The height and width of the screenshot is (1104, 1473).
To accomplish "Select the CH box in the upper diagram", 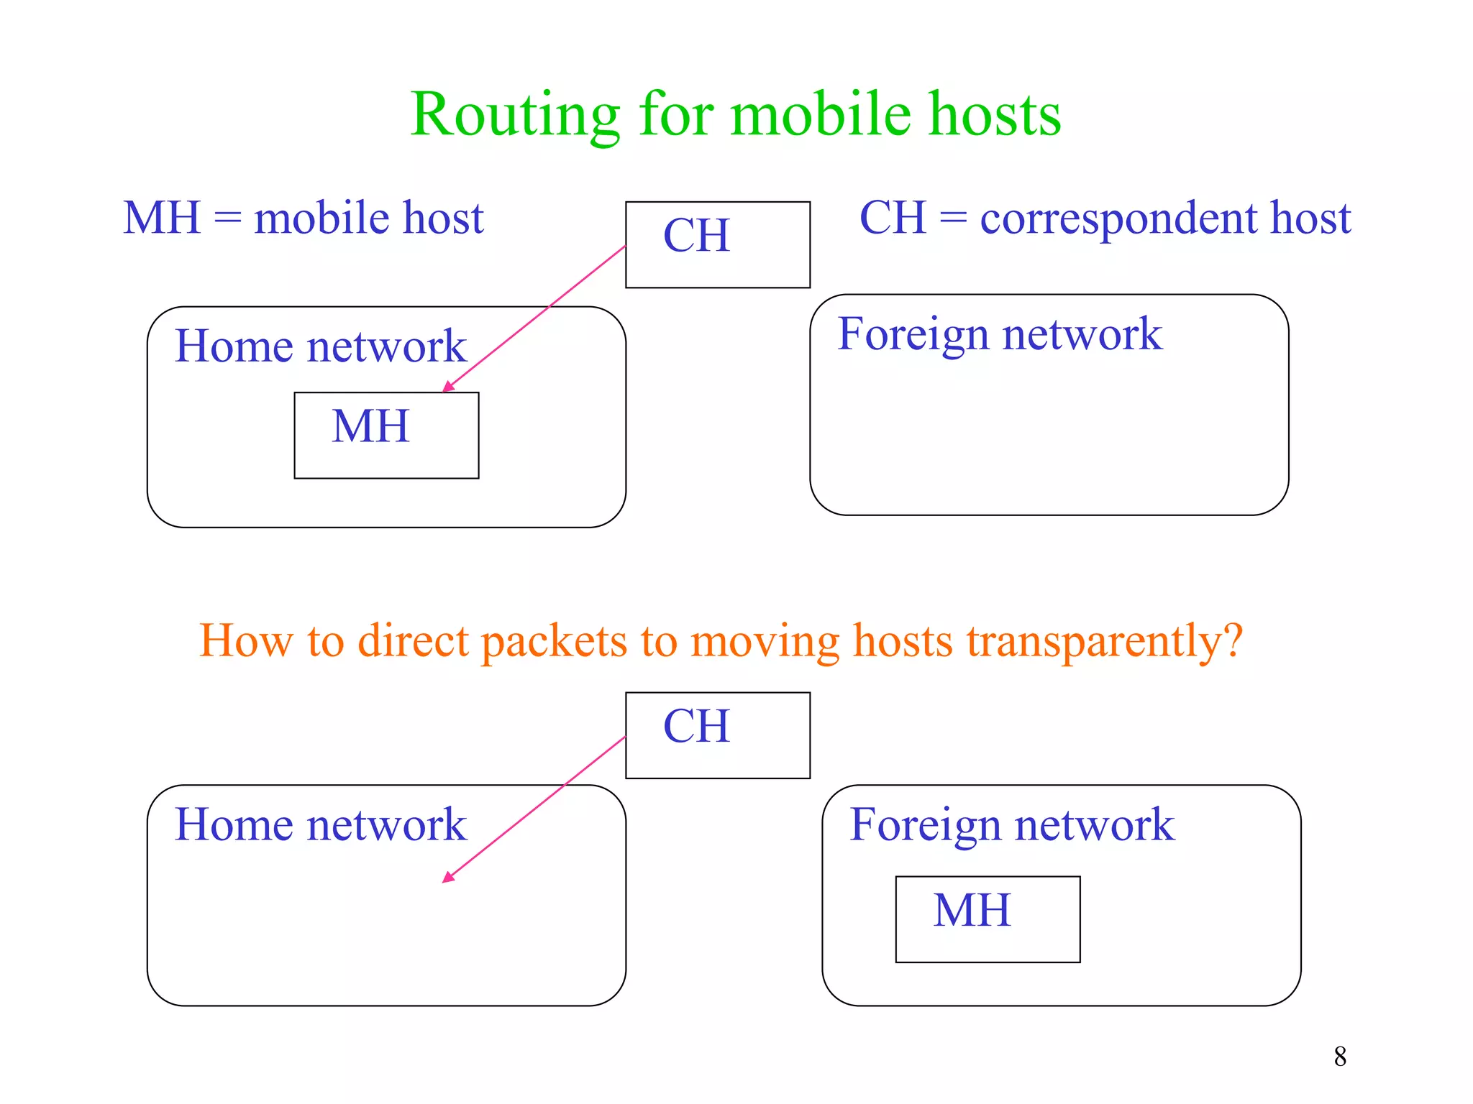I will [x=717, y=244].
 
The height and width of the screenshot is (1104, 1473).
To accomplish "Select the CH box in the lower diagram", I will [x=717, y=735].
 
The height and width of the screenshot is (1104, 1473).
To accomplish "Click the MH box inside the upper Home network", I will [x=386, y=435].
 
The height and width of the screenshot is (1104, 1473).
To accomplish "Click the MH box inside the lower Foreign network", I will [x=988, y=919].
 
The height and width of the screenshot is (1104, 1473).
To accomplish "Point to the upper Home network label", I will [x=321, y=346].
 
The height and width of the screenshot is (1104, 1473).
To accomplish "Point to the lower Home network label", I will [x=321, y=824].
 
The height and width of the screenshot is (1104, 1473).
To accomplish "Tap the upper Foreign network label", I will [x=1000, y=335].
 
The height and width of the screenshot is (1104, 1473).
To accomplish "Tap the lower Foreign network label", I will [x=1012, y=824].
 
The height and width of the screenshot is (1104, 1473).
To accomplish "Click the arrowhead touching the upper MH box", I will [x=447, y=387].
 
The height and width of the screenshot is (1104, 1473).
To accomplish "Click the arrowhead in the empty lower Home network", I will [x=447, y=878].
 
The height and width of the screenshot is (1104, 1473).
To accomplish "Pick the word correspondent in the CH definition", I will [x=1118, y=218].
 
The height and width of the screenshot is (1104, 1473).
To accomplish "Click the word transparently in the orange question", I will [x=1105, y=641].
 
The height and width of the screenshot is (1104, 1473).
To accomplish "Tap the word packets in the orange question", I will [x=554, y=641].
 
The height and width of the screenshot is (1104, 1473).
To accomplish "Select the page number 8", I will [x=1340, y=1057].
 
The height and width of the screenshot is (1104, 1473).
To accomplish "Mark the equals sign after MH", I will [x=227, y=218].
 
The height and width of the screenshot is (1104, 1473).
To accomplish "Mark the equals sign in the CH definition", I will [x=953, y=218].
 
